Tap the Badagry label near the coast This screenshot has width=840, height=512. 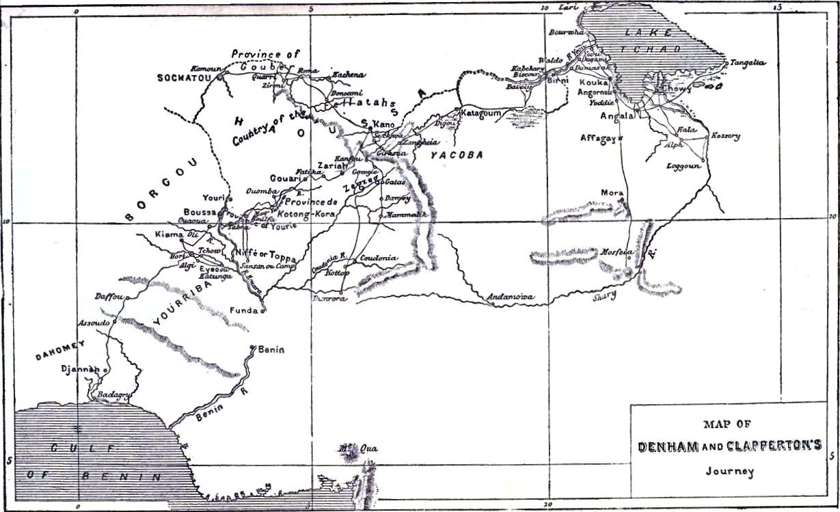pyautogui.click(x=113, y=394)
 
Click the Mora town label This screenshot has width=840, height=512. pyautogui.click(x=612, y=193)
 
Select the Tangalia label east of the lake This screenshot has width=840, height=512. pyautogui.click(x=748, y=63)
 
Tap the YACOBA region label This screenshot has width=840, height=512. pyautogui.click(x=457, y=155)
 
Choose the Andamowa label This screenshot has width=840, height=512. pyautogui.click(x=510, y=297)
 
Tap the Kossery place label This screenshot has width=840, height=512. pyautogui.click(x=725, y=136)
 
